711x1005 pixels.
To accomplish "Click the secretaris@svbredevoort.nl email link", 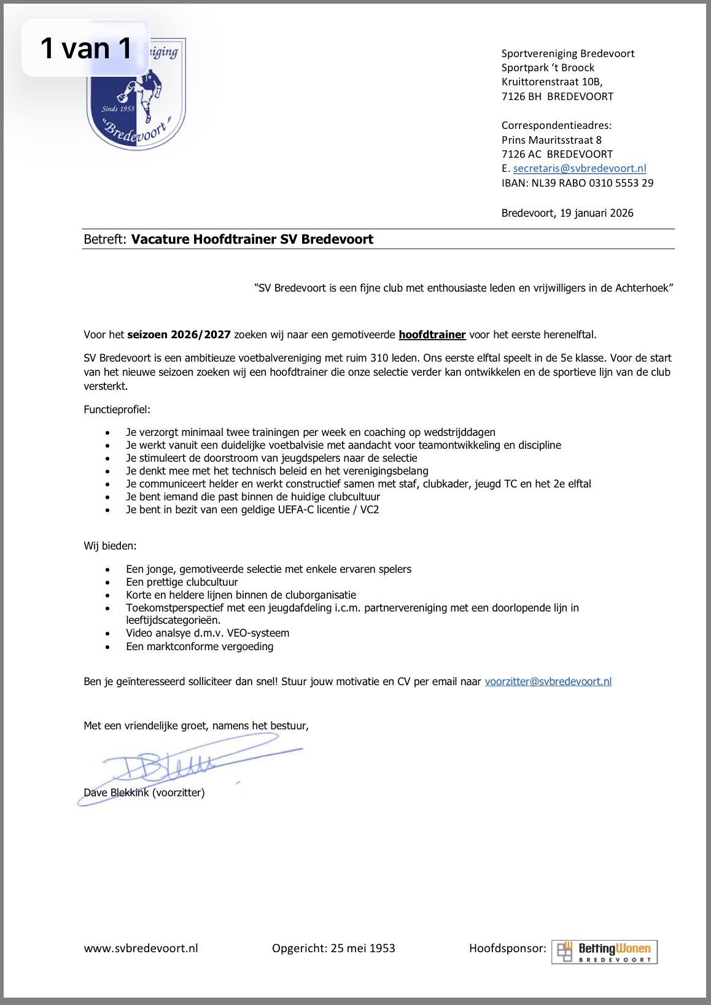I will pos(580,168).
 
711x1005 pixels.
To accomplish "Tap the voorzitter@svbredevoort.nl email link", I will pos(548,681).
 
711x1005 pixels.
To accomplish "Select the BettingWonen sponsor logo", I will pos(604,952).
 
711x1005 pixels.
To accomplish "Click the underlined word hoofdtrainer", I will pos(432,335).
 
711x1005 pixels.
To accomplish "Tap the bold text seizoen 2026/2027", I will pos(179,335).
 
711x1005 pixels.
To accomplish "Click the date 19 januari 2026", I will pos(596,213).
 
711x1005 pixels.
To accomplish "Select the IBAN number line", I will pos(577,183).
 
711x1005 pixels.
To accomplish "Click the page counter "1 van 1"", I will pos(86,49).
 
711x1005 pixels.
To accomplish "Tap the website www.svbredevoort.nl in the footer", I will pos(141,948).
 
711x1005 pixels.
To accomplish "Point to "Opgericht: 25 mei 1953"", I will pos(333,948).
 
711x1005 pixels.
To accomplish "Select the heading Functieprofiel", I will pos(117,409).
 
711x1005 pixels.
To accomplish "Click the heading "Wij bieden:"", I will pos(110,546).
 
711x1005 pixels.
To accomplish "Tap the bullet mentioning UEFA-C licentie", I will pos(252,510).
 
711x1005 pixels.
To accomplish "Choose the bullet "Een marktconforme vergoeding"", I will pos(200,646).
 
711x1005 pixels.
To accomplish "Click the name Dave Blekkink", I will pos(116,793).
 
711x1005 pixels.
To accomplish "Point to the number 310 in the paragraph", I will pos(379,358).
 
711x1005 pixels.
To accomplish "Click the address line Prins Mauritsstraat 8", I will pos(551,140).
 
